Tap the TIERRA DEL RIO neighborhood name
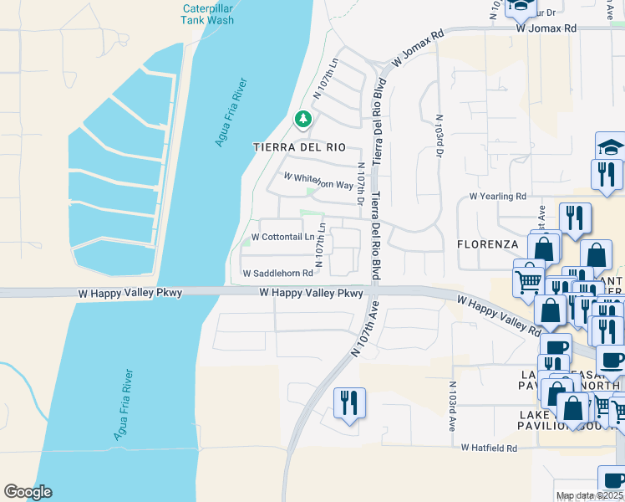(299, 147)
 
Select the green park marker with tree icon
(302, 121)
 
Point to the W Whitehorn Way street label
(318, 180)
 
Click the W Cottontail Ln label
(282, 238)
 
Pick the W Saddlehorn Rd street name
(277, 274)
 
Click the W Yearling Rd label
(497, 197)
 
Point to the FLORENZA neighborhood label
(488, 244)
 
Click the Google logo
(28, 492)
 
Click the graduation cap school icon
(609, 146)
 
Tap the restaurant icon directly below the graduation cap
(606, 173)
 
